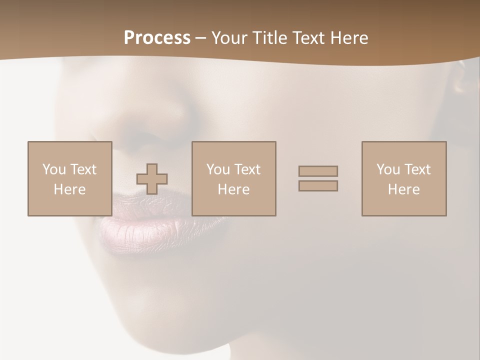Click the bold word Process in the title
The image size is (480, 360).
point(157,38)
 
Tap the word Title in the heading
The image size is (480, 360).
point(270,38)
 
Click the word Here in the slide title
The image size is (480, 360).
point(348,38)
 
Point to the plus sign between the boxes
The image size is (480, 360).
point(152,179)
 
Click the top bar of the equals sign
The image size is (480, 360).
point(318,171)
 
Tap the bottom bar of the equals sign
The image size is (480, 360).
point(318,186)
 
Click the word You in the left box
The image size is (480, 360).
point(54,169)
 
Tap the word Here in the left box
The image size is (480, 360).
point(69,189)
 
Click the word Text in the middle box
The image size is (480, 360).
point(247,169)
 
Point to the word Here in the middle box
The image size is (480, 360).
point(233,189)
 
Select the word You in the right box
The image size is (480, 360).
point(388,169)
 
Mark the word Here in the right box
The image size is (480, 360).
point(403,189)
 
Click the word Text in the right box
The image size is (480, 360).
point(417,169)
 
